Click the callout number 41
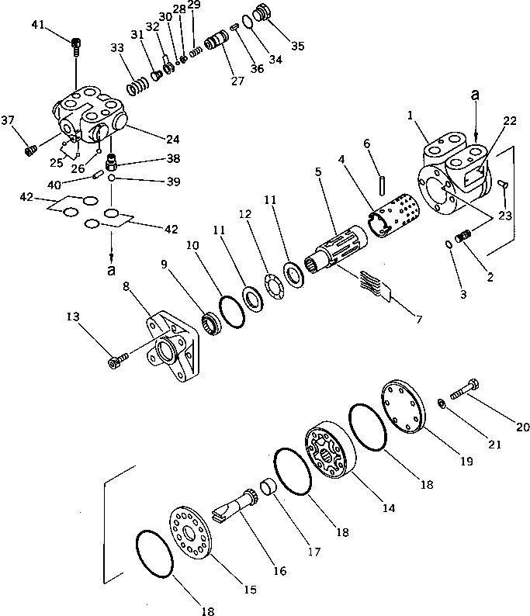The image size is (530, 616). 38,27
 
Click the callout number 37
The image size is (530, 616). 9,120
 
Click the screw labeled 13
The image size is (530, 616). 118,360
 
